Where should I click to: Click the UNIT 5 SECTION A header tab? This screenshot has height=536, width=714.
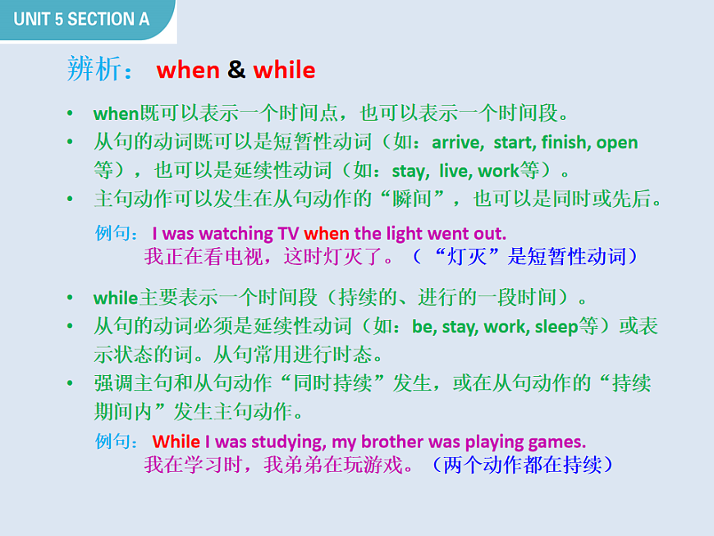(82, 19)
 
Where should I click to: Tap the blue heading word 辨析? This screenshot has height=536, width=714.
(92, 70)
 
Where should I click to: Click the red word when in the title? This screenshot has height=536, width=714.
(188, 70)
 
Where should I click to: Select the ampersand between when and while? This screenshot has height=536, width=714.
(236, 70)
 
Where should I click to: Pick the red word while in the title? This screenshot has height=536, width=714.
(284, 70)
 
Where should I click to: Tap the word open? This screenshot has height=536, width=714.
(617, 143)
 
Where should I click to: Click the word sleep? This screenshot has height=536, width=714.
(556, 327)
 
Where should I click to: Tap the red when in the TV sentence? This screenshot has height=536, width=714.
(327, 233)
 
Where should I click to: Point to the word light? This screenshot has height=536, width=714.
(409, 233)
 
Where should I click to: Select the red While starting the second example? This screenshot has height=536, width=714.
(176, 442)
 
